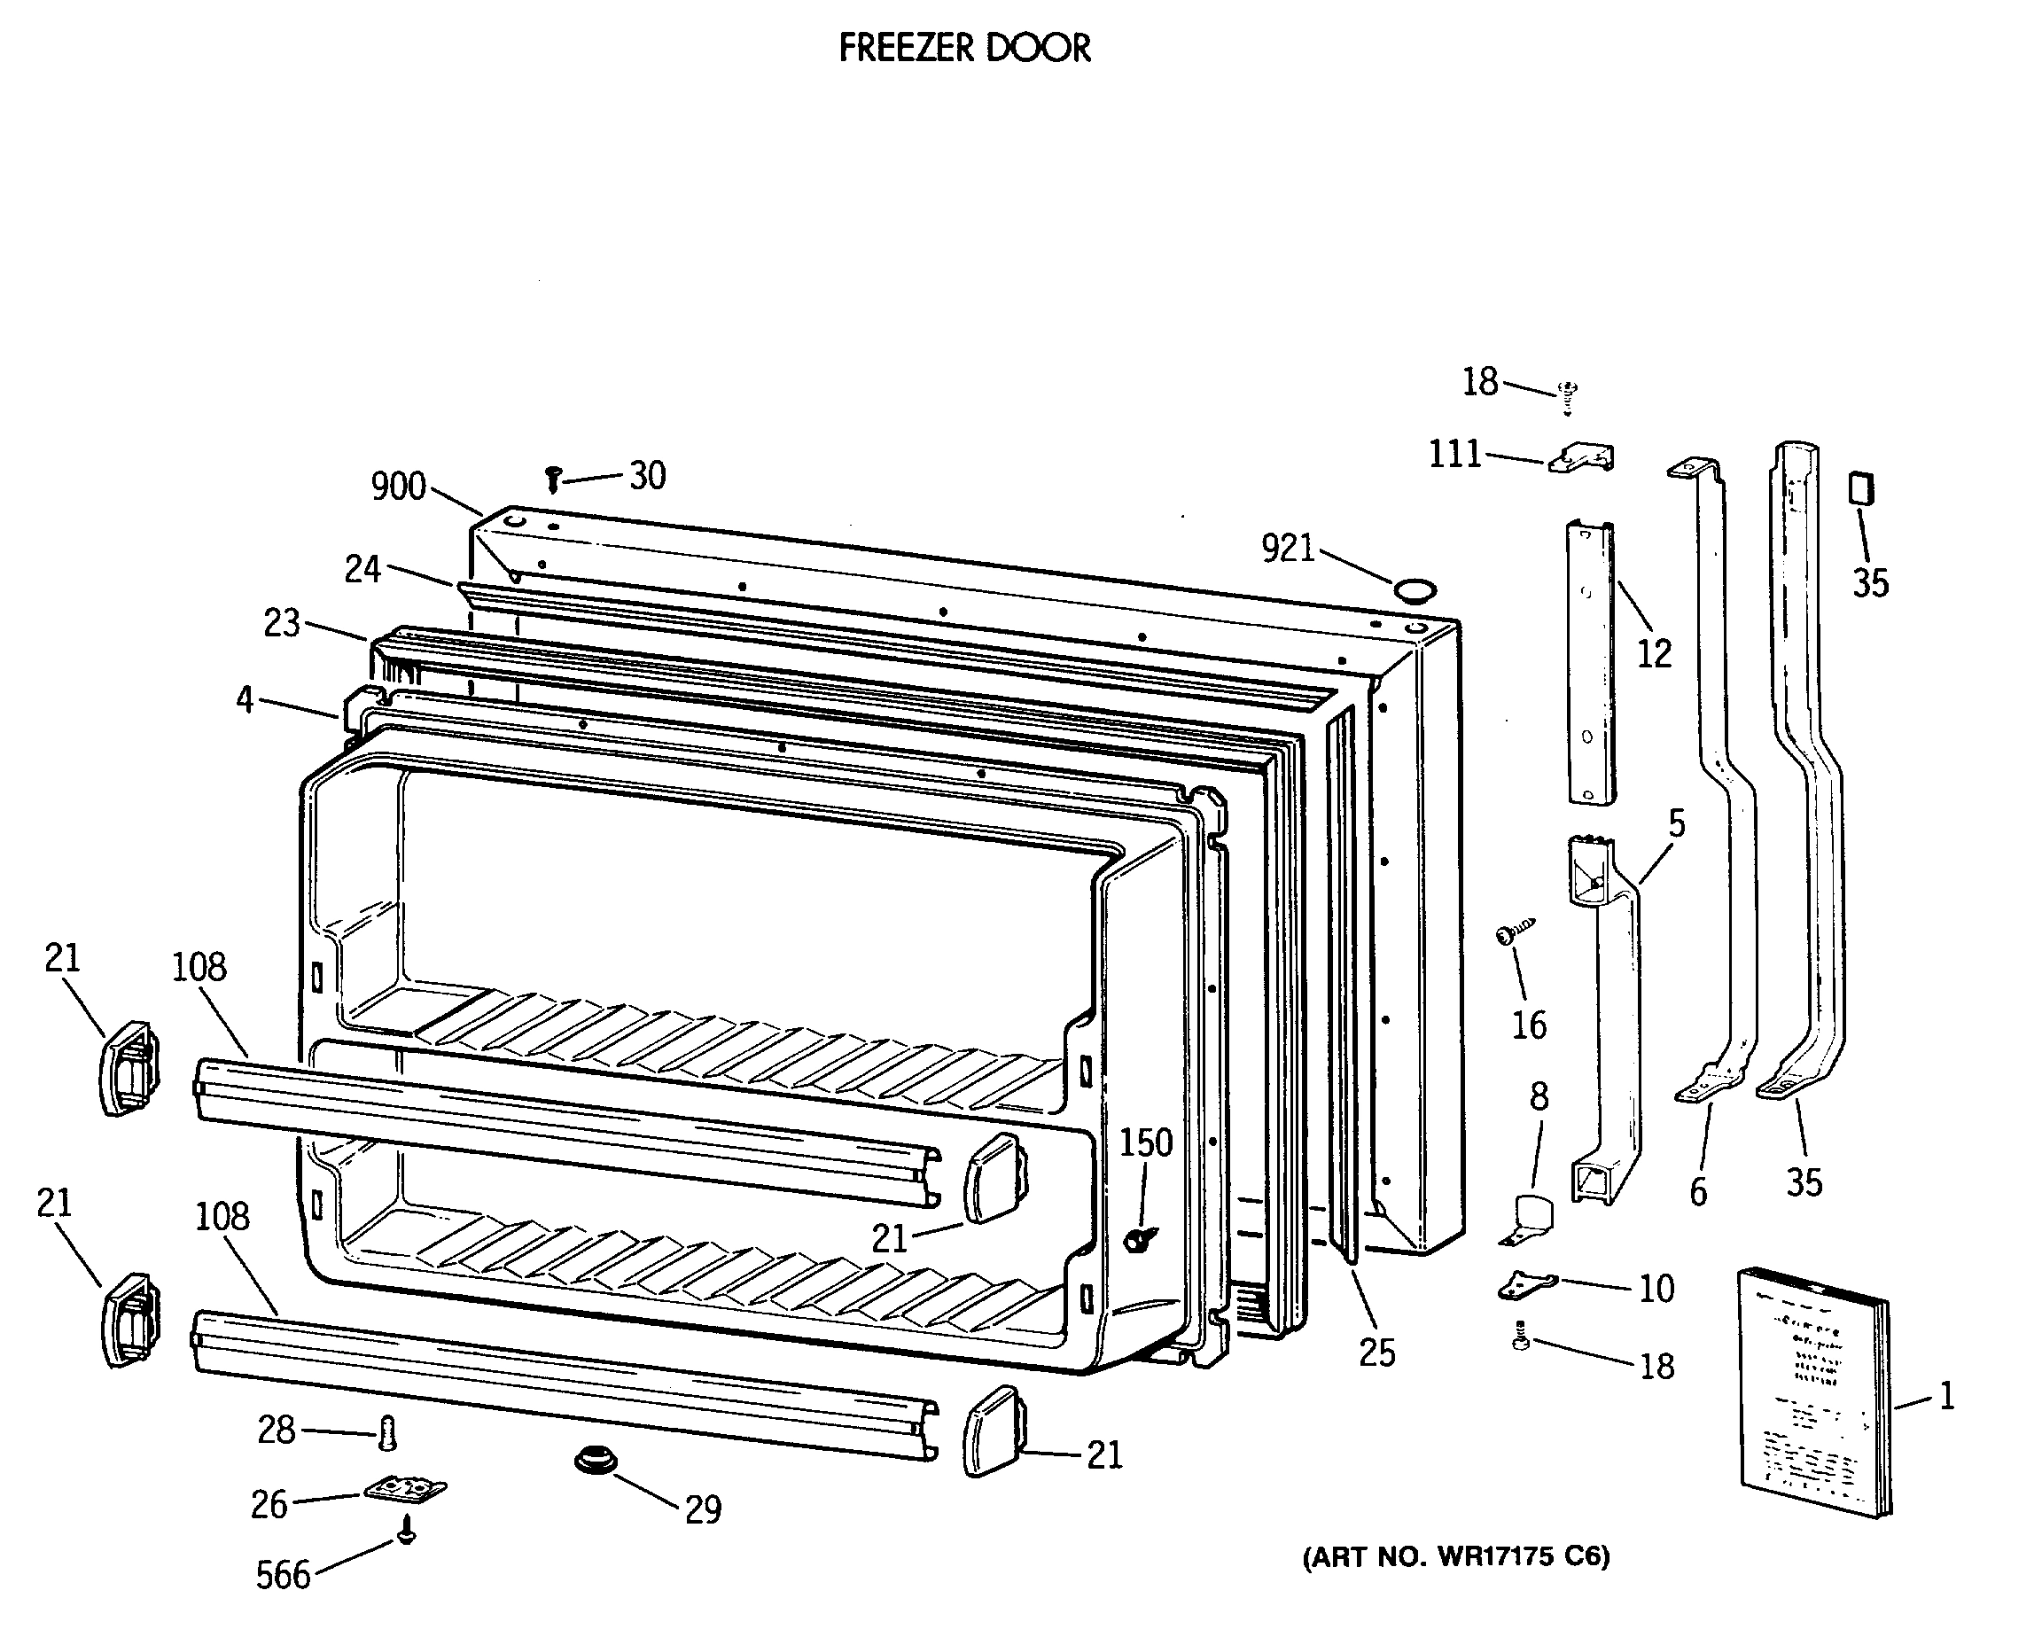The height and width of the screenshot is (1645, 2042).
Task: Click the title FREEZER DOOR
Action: pos(963,47)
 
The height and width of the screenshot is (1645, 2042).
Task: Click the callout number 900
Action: pos(398,486)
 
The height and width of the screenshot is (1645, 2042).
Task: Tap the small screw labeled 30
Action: pos(553,479)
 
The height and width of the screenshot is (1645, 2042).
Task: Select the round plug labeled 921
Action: pos(1414,592)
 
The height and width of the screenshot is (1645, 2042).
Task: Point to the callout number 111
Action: pos(1454,455)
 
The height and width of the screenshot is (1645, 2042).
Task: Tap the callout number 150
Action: pos(1146,1142)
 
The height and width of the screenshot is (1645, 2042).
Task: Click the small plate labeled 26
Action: pos(406,1490)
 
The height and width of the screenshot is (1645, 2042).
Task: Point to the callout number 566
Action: pos(283,1575)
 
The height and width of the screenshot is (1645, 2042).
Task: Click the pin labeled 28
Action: pos(386,1433)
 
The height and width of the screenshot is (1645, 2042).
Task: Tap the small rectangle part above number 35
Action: pos(1861,489)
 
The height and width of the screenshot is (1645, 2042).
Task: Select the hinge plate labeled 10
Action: pos(1527,1285)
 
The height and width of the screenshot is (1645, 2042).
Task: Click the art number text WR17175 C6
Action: pos(1456,1557)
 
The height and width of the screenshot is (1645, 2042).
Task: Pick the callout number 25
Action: pos(1376,1353)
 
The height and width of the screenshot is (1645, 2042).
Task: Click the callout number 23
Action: pos(282,622)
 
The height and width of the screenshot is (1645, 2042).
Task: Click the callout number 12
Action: pos(1655,653)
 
